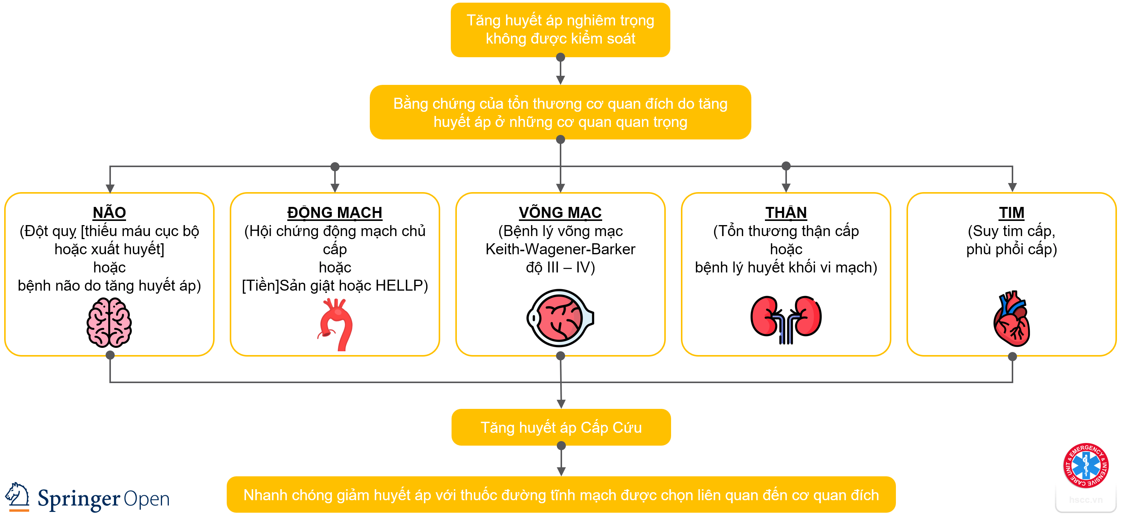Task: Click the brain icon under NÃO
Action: click(x=109, y=322)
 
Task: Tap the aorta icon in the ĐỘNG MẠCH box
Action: click(x=336, y=325)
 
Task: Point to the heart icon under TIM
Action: click(x=1012, y=319)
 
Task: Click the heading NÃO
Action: click(x=109, y=213)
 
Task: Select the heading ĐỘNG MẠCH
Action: click(x=335, y=213)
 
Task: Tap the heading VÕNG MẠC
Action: click(x=560, y=213)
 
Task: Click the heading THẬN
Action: click(x=786, y=213)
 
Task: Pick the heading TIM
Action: click(x=1011, y=213)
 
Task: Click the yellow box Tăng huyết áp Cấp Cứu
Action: click(x=561, y=427)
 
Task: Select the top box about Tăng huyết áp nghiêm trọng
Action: click(x=560, y=29)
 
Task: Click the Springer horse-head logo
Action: click(x=17, y=496)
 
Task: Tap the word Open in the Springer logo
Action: click(x=147, y=499)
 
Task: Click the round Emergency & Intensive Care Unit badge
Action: click(x=1086, y=465)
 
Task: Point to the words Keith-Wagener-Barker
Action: click(x=560, y=249)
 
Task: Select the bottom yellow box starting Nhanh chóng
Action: click(x=561, y=495)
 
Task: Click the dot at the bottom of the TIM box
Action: click(x=1012, y=357)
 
